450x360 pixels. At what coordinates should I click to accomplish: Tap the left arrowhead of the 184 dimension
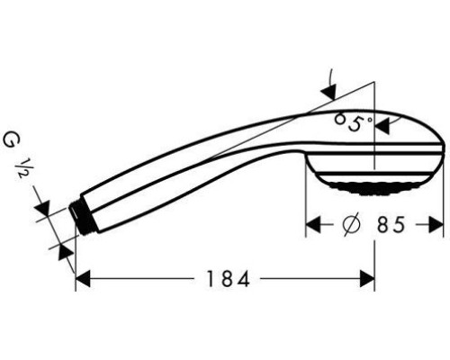click(x=81, y=280)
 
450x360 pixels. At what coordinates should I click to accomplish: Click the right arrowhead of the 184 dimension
click(x=368, y=280)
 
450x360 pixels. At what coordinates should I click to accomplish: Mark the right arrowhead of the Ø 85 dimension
click(x=437, y=225)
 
